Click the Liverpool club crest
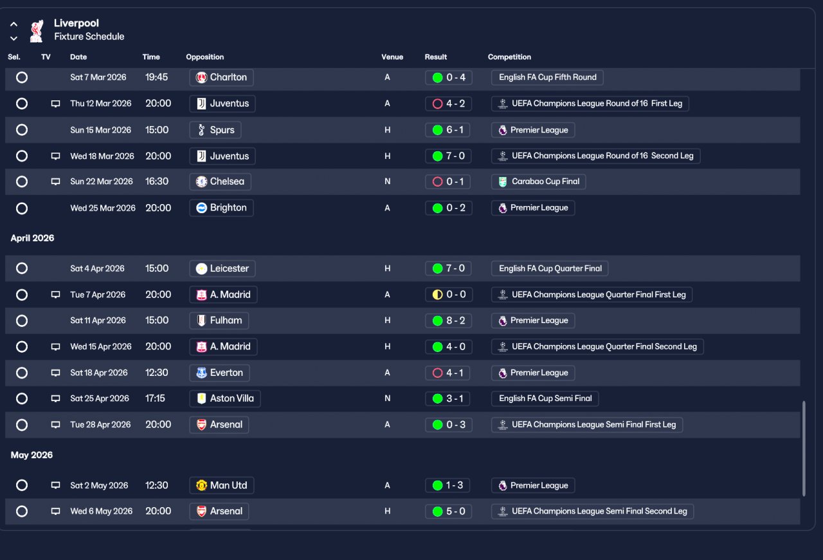pos(37,31)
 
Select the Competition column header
pos(509,57)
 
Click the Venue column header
pos(392,57)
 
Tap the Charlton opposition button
pos(222,77)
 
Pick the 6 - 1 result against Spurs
pos(448,130)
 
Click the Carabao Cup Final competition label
pos(538,182)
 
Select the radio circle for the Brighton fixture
pos(22,209)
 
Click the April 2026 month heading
pos(32,238)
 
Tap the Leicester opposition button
pos(222,268)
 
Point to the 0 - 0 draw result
pos(449,295)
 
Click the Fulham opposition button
pos(219,321)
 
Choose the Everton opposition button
pos(219,373)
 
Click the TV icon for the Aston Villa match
pos(55,398)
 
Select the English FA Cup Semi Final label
pos(545,398)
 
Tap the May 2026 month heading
pos(32,455)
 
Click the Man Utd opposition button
pos(222,485)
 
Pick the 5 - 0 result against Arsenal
pos(448,512)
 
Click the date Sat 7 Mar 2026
pos(98,77)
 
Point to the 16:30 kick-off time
pos(157,182)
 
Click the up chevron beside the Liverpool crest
pos(14,24)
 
